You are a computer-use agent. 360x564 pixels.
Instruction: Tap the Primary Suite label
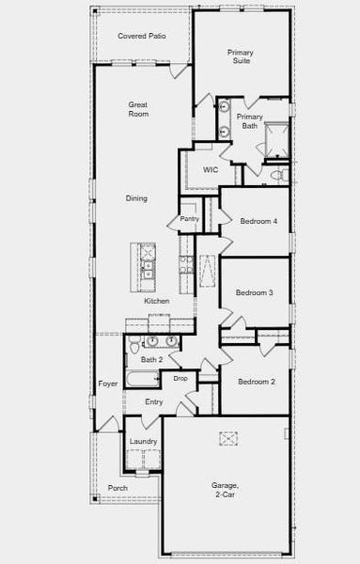[x=242, y=56]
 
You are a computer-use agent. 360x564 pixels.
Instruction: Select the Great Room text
[x=139, y=110]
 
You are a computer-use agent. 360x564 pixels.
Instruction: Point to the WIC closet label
[x=211, y=169]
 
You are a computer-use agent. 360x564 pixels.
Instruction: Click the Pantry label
[x=189, y=219]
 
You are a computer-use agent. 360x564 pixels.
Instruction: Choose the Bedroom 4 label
[x=258, y=222]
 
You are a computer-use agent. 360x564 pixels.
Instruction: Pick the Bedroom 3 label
[x=254, y=293]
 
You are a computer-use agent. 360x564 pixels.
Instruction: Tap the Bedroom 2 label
[x=256, y=382]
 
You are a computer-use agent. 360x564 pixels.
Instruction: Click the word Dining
[x=136, y=198]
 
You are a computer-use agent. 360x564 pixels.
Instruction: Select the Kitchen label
[x=157, y=301]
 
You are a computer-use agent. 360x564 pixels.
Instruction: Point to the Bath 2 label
[x=152, y=360]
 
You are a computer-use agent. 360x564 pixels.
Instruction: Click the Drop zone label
[x=180, y=378]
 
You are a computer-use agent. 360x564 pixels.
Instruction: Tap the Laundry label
[x=143, y=441]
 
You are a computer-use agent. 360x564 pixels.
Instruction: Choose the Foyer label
[x=108, y=384]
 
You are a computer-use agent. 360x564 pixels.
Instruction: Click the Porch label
[x=117, y=488]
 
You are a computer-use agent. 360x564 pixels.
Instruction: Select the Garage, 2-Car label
[x=225, y=490]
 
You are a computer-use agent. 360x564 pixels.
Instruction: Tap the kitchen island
[x=147, y=266]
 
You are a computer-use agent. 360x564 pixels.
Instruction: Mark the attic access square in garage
[x=229, y=437]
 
